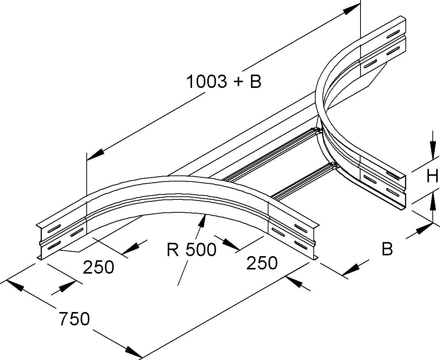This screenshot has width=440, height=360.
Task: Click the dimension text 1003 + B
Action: point(224,81)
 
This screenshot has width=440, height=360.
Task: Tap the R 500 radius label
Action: point(191,250)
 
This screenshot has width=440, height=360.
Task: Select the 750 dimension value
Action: point(74,319)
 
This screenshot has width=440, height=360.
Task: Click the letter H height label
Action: point(432,177)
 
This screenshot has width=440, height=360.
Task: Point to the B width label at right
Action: point(387,249)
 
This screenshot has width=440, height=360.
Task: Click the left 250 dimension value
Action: point(98,267)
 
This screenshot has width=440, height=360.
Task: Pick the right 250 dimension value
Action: point(262,263)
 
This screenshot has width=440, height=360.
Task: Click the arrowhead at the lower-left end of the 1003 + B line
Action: point(95,154)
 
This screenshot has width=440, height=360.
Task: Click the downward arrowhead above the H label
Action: point(432,150)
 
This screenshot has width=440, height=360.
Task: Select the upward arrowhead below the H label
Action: point(432,203)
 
